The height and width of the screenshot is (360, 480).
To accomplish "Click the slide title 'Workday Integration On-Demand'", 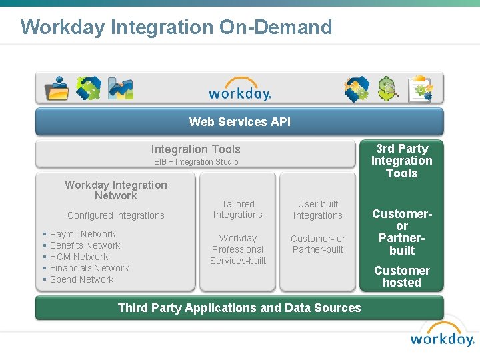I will click(x=176, y=27).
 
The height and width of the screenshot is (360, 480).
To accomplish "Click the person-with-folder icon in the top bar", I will click(x=57, y=89).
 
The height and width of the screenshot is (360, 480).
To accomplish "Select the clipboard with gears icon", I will click(x=421, y=89).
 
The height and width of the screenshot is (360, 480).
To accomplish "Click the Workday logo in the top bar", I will click(x=240, y=93).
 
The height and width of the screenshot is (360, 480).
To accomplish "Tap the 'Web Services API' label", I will click(x=239, y=121).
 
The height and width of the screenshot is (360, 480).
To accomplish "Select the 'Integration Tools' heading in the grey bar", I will click(x=195, y=149).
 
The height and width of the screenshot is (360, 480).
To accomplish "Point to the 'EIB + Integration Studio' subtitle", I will click(x=196, y=162).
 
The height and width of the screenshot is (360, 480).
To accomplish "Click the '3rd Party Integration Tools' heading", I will click(x=401, y=161).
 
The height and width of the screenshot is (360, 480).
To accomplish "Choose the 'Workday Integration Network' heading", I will click(x=116, y=190).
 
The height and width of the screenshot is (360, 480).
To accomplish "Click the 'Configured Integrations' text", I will click(x=116, y=215).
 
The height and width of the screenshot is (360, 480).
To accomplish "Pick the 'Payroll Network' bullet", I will click(x=83, y=234).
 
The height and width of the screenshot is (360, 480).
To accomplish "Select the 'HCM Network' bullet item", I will click(x=79, y=257).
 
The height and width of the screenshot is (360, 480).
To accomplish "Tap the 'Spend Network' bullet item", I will click(x=81, y=279).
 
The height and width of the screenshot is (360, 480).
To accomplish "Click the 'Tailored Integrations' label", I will click(x=238, y=209).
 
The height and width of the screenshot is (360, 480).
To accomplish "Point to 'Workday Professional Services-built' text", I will click(x=238, y=249).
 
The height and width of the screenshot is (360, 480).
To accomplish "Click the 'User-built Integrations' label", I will click(x=318, y=209).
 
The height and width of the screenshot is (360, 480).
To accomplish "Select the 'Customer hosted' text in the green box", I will click(x=401, y=277).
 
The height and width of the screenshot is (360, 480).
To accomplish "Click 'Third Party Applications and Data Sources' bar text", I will click(x=239, y=308).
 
